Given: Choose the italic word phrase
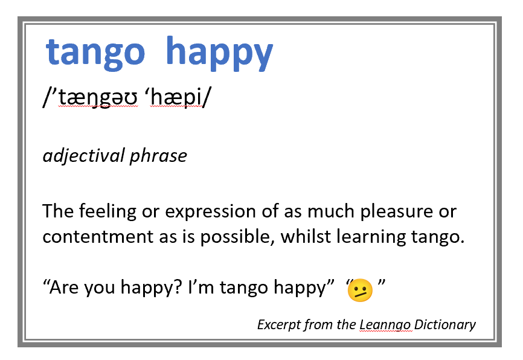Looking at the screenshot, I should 158,156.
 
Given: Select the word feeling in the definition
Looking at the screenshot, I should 106,211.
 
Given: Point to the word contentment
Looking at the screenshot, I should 95,236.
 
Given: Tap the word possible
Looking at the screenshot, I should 239,236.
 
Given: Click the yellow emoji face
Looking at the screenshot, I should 360,291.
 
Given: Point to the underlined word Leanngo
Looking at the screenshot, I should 385,325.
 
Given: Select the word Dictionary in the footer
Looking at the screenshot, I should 445,325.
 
